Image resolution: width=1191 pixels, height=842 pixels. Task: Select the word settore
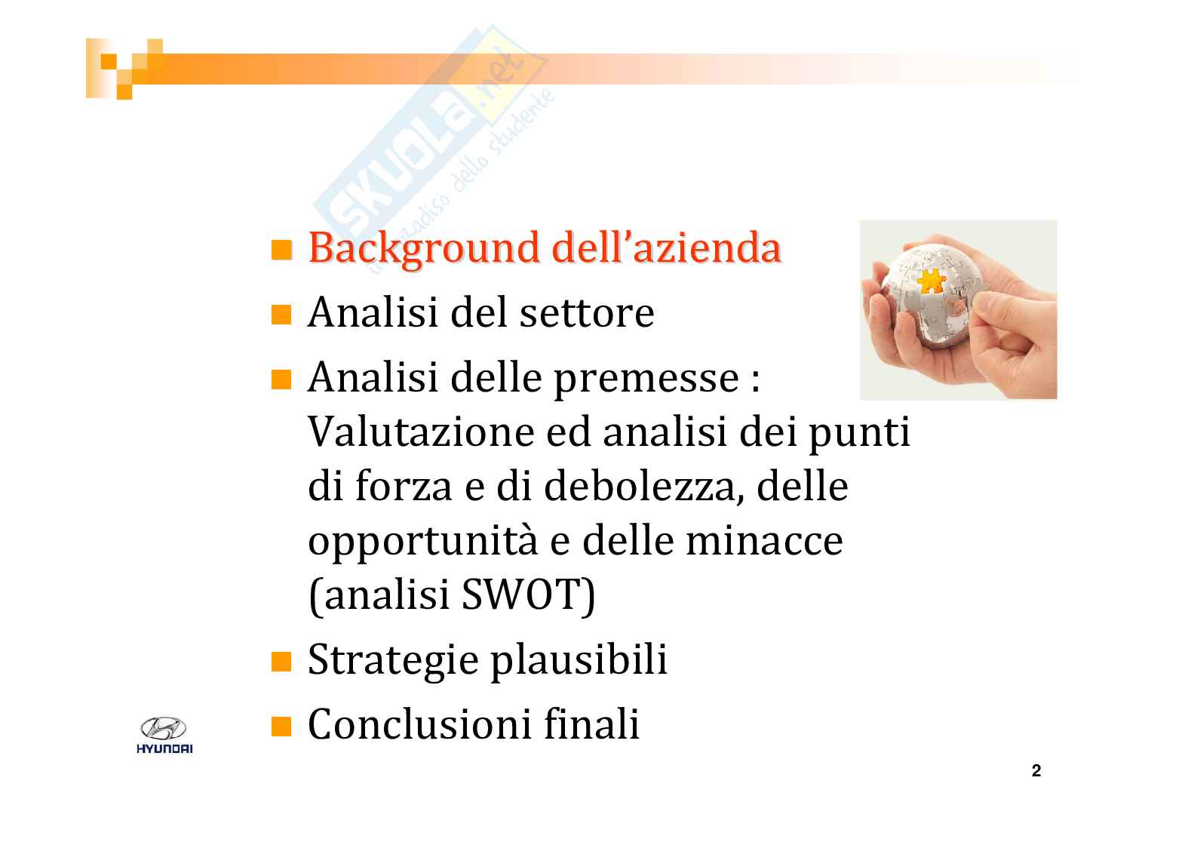coord(587,313)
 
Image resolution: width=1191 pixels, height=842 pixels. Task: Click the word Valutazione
coord(421,432)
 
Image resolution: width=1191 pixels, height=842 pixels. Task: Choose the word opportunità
coord(423,542)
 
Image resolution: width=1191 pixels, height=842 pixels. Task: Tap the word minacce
coord(764,542)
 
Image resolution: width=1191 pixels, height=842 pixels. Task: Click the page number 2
coord(1036,771)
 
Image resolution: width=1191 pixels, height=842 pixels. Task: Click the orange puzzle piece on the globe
coord(931,281)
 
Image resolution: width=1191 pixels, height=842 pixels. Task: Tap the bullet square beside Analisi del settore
coord(281,315)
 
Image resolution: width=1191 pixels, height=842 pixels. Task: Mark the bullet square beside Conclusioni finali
coord(281,727)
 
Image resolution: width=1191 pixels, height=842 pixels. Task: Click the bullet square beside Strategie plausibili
coord(281,662)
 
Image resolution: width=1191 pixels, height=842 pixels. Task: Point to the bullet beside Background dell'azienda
coord(281,250)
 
